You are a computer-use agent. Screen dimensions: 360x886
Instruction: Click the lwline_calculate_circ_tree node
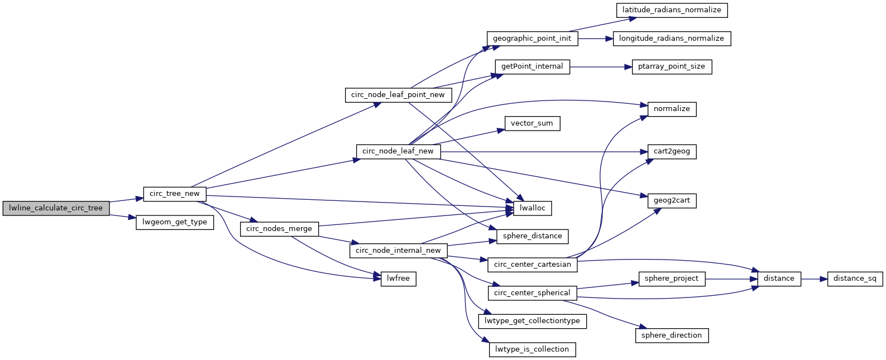point(56,208)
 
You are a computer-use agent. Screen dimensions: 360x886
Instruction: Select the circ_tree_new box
point(175,194)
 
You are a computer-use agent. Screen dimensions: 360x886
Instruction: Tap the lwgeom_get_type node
point(175,222)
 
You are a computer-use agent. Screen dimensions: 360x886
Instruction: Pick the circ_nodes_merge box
point(279,229)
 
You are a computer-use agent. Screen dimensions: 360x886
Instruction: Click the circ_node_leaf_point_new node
point(398,95)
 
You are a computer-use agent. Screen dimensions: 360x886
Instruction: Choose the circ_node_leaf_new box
point(398,151)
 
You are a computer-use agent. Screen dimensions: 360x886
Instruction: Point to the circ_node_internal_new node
point(398,251)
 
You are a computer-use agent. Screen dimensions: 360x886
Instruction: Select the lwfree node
point(399,279)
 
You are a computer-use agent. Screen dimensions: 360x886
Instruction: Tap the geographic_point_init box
point(532,39)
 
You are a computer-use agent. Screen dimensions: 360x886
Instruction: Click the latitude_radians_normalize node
point(672,10)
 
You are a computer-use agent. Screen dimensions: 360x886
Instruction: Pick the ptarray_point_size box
point(672,66)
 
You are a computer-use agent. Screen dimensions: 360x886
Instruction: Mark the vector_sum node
point(532,123)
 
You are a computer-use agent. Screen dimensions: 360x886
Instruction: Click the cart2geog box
point(672,151)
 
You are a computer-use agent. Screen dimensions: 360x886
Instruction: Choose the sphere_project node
point(672,279)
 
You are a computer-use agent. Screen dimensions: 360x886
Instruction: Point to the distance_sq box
point(855,279)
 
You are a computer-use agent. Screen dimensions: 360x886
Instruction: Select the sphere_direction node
point(672,335)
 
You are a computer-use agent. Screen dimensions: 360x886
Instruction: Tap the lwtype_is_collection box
point(532,349)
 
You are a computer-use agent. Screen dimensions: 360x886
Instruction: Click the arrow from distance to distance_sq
point(814,279)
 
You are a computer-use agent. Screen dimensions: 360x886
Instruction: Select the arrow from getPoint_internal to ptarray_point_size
point(601,66)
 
